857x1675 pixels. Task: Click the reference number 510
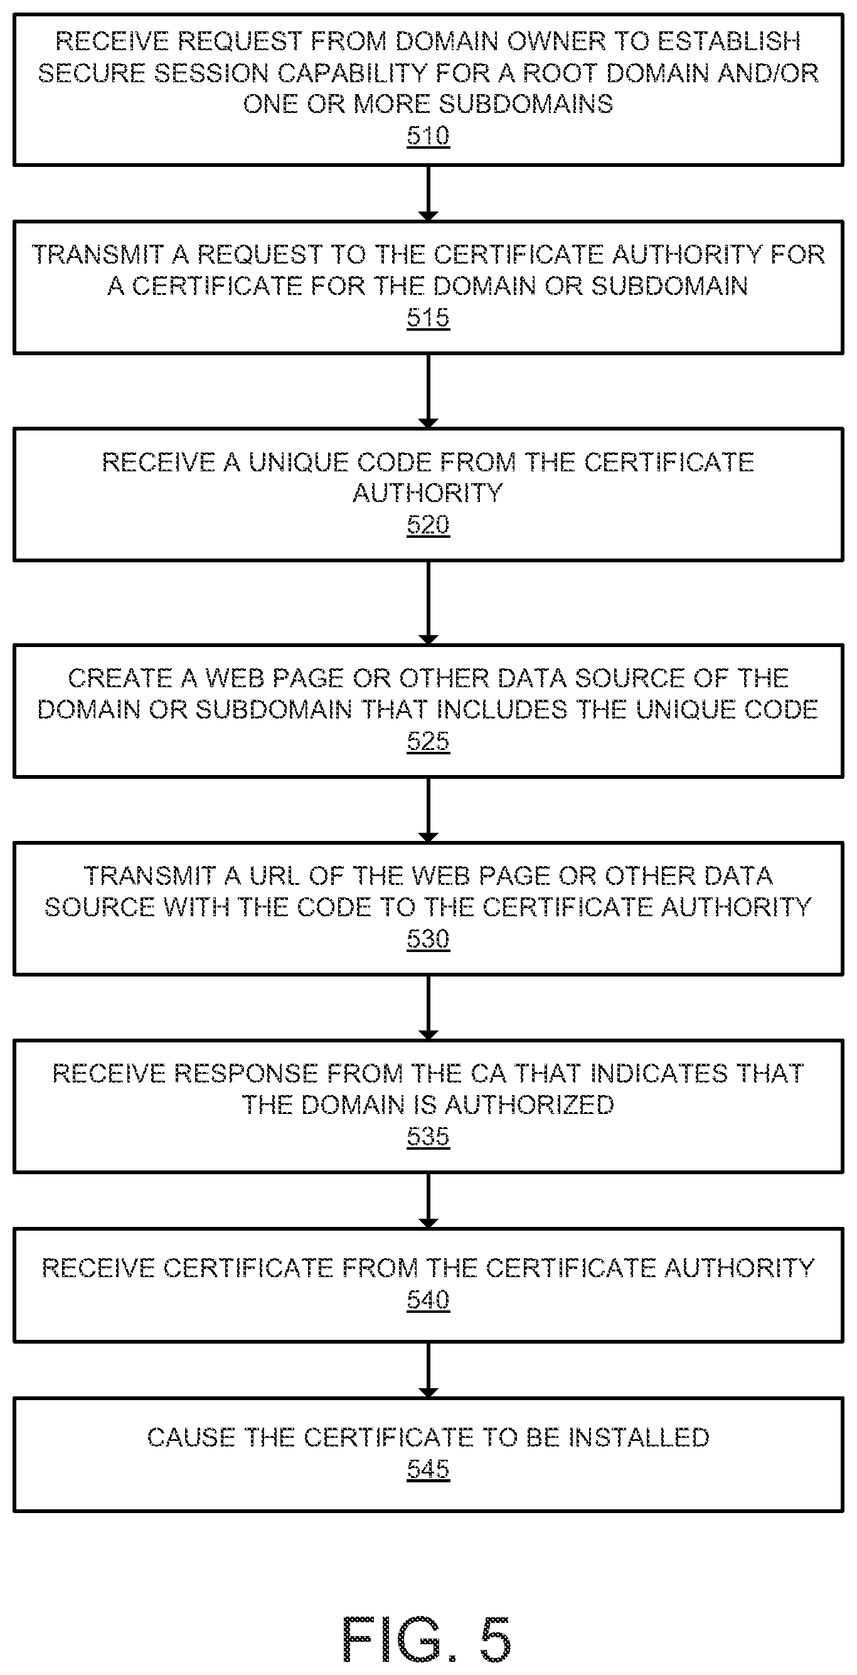[428, 136]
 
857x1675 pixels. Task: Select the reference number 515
[428, 318]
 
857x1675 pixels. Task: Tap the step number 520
[428, 524]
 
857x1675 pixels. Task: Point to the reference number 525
[428, 741]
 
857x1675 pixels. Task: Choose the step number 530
[428, 938]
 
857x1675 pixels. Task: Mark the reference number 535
[428, 1136]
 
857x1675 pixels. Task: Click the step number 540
[428, 1300]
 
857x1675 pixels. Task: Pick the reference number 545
[428, 1469]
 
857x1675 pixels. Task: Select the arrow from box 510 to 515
[428, 193]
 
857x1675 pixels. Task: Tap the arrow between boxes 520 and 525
[428, 602]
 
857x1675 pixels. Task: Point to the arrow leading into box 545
[428, 1369]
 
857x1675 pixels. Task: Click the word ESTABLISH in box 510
[729, 41]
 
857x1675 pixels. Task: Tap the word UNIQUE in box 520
[299, 463]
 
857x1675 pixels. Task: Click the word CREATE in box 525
[120, 678]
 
